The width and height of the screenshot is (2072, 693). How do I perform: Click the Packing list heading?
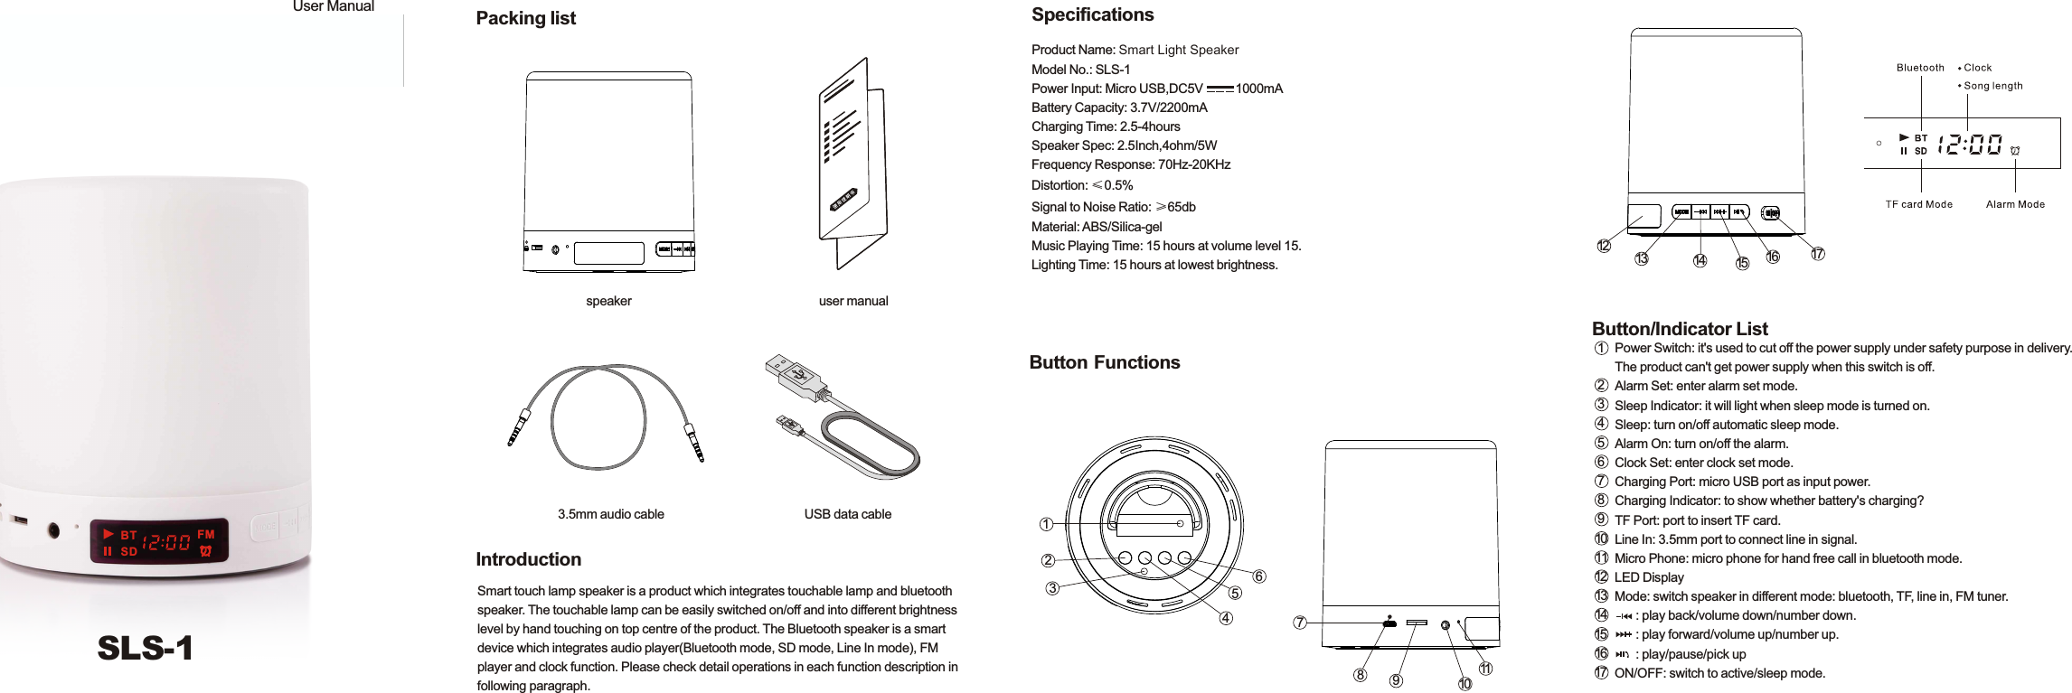pyautogui.click(x=525, y=18)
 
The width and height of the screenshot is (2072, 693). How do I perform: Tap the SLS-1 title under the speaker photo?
pyautogui.click(x=145, y=648)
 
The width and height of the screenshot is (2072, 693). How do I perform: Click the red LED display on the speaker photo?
pyautogui.click(x=159, y=542)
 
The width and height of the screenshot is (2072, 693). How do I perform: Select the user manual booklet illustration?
pyautogui.click(x=852, y=163)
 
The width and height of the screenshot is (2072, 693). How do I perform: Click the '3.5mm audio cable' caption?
pyautogui.click(x=610, y=514)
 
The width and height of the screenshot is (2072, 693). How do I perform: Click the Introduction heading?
pyautogui.click(x=528, y=559)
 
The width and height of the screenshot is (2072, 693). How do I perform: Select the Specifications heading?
pyautogui.click(x=1092, y=14)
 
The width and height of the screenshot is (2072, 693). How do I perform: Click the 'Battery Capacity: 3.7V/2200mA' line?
pyautogui.click(x=1118, y=108)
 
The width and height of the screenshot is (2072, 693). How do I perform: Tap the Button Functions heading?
pyautogui.click(x=1104, y=362)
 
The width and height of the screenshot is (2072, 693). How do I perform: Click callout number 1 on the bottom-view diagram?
pyautogui.click(x=1046, y=524)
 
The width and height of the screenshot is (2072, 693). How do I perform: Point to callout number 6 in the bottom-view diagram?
pyautogui.click(x=1259, y=576)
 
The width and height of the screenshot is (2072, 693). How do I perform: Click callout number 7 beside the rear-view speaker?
pyautogui.click(x=1299, y=623)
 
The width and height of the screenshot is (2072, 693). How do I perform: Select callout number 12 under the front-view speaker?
pyautogui.click(x=1603, y=246)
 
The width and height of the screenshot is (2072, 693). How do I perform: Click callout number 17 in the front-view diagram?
pyautogui.click(x=1817, y=254)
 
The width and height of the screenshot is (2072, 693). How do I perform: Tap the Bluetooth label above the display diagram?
pyautogui.click(x=1919, y=68)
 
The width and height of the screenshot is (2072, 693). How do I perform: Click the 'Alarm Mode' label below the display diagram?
pyautogui.click(x=2014, y=204)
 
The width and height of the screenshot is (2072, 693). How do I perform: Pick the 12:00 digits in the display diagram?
pyautogui.click(x=1969, y=145)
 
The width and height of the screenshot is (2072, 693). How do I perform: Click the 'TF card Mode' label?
pyautogui.click(x=1918, y=204)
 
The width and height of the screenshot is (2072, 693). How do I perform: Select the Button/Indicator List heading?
pyautogui.click(x=1679, y=329)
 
